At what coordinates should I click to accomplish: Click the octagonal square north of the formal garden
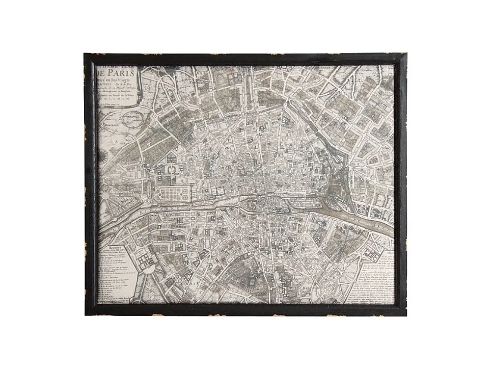[x=171, y=169]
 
